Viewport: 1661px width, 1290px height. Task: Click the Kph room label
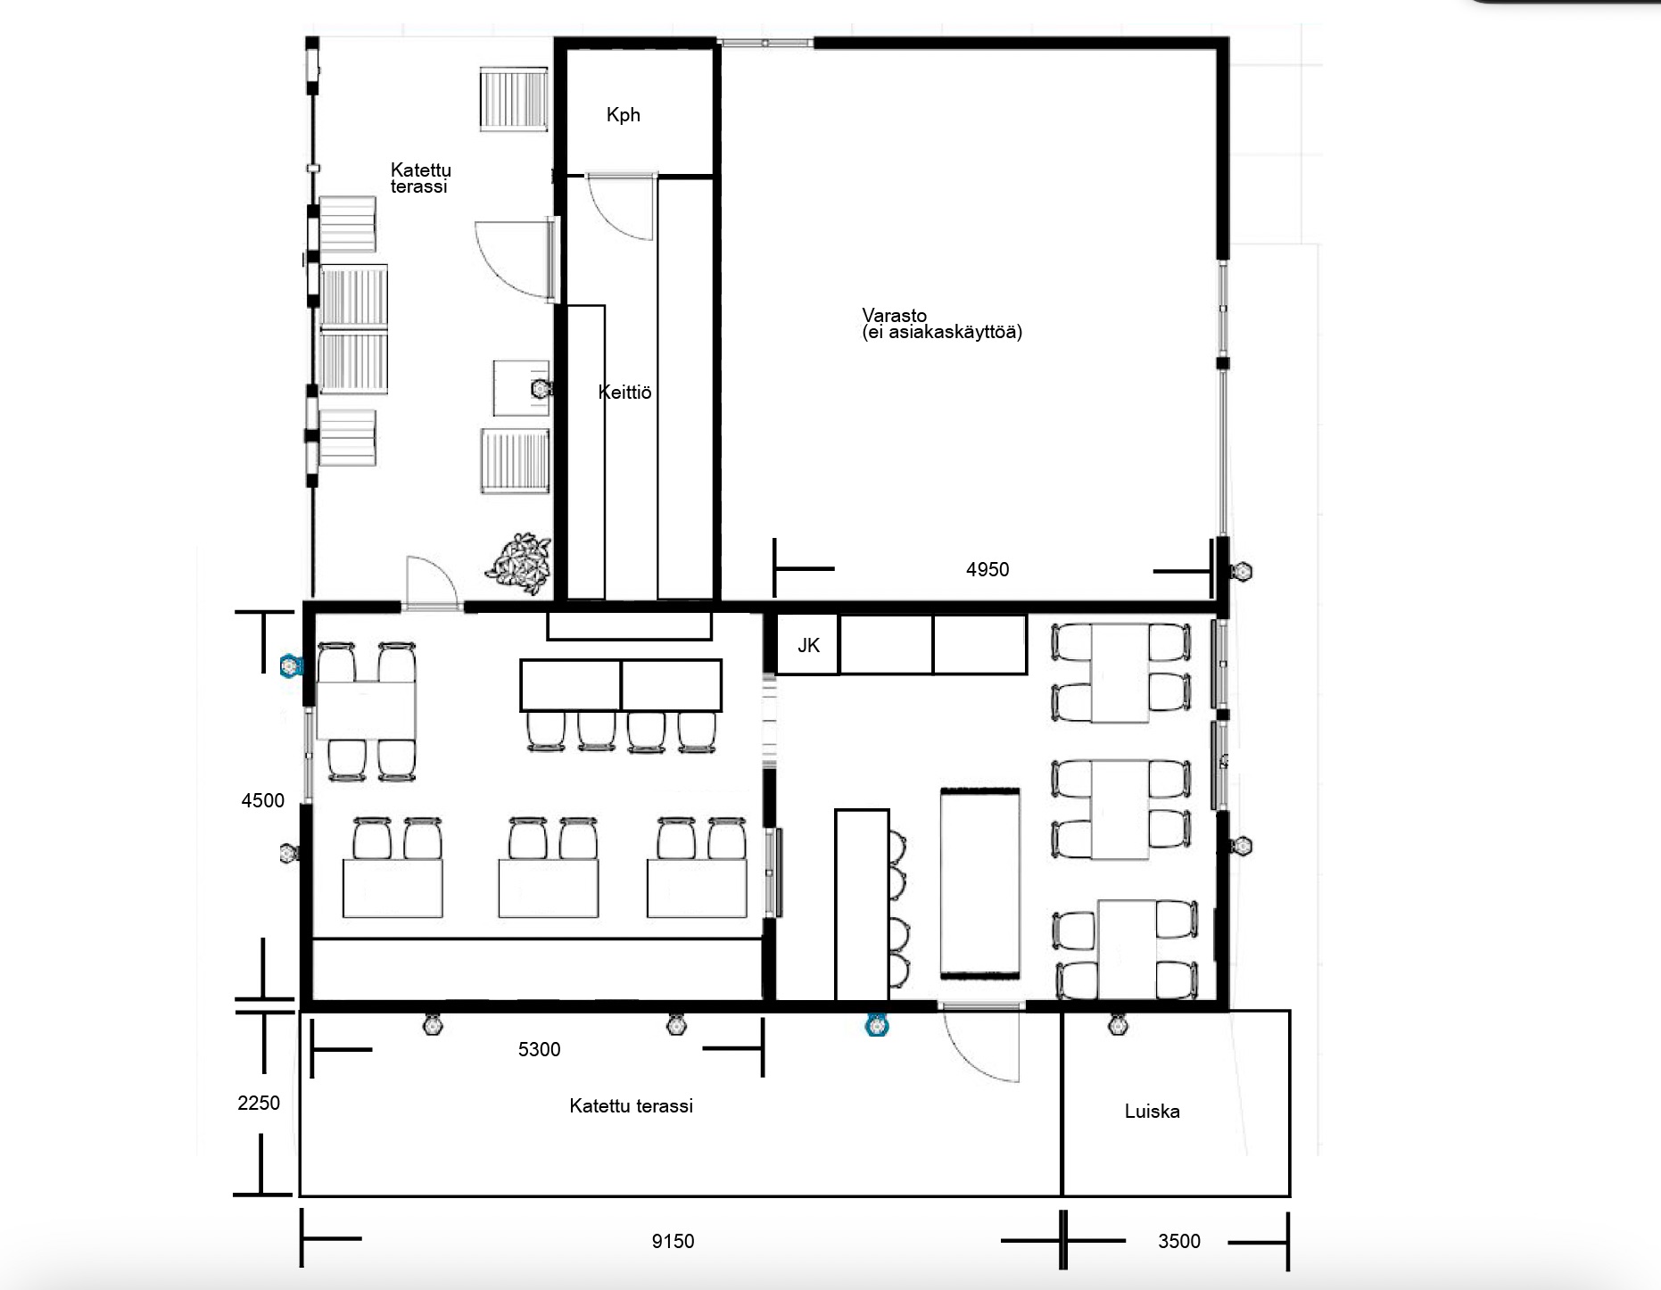tap(623, 115)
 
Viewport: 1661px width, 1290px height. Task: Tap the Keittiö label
tap(624, 392)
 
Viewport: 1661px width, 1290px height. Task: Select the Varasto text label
tap(894, 316)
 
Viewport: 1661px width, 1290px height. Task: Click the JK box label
tap(808, 645)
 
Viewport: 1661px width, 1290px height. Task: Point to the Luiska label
tap(1152, 1112)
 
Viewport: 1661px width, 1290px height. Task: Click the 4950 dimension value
tap(988, 569)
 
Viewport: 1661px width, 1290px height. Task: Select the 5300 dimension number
tap(539, 1049)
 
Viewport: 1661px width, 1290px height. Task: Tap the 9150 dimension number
tap(673, 1241)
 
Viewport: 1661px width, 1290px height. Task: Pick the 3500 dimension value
tap(1178, 1241)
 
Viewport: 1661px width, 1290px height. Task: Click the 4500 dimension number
tap(262, 800)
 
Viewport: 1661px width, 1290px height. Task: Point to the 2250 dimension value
tap(259, 1103)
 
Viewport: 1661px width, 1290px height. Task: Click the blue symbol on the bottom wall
tap(877, 1026)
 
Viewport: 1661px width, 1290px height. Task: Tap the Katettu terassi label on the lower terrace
tap(631, 1106)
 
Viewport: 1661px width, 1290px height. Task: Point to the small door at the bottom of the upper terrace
tap(432, 583)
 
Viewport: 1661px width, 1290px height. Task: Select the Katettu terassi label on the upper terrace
tap(420, 178)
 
